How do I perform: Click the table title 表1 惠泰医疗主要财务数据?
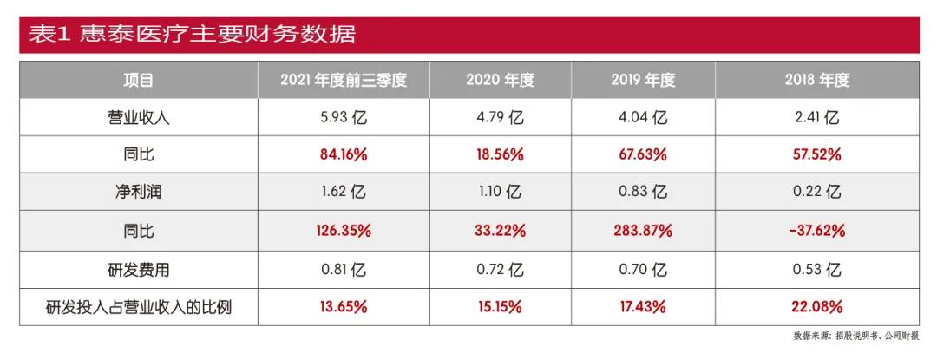[192, 35]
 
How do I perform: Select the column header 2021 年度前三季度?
[344, 81]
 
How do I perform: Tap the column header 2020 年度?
[501, 81]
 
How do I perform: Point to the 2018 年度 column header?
[816, 81]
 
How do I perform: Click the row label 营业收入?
[139, 118]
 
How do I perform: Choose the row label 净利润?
[139, 193]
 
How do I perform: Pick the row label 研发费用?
[139, 269]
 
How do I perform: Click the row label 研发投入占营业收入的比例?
[139, 306]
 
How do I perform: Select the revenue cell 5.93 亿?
[344, 118]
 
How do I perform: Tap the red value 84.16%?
[344, 155]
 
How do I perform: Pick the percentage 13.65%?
[344, 306]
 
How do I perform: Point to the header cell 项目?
[139, 81]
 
